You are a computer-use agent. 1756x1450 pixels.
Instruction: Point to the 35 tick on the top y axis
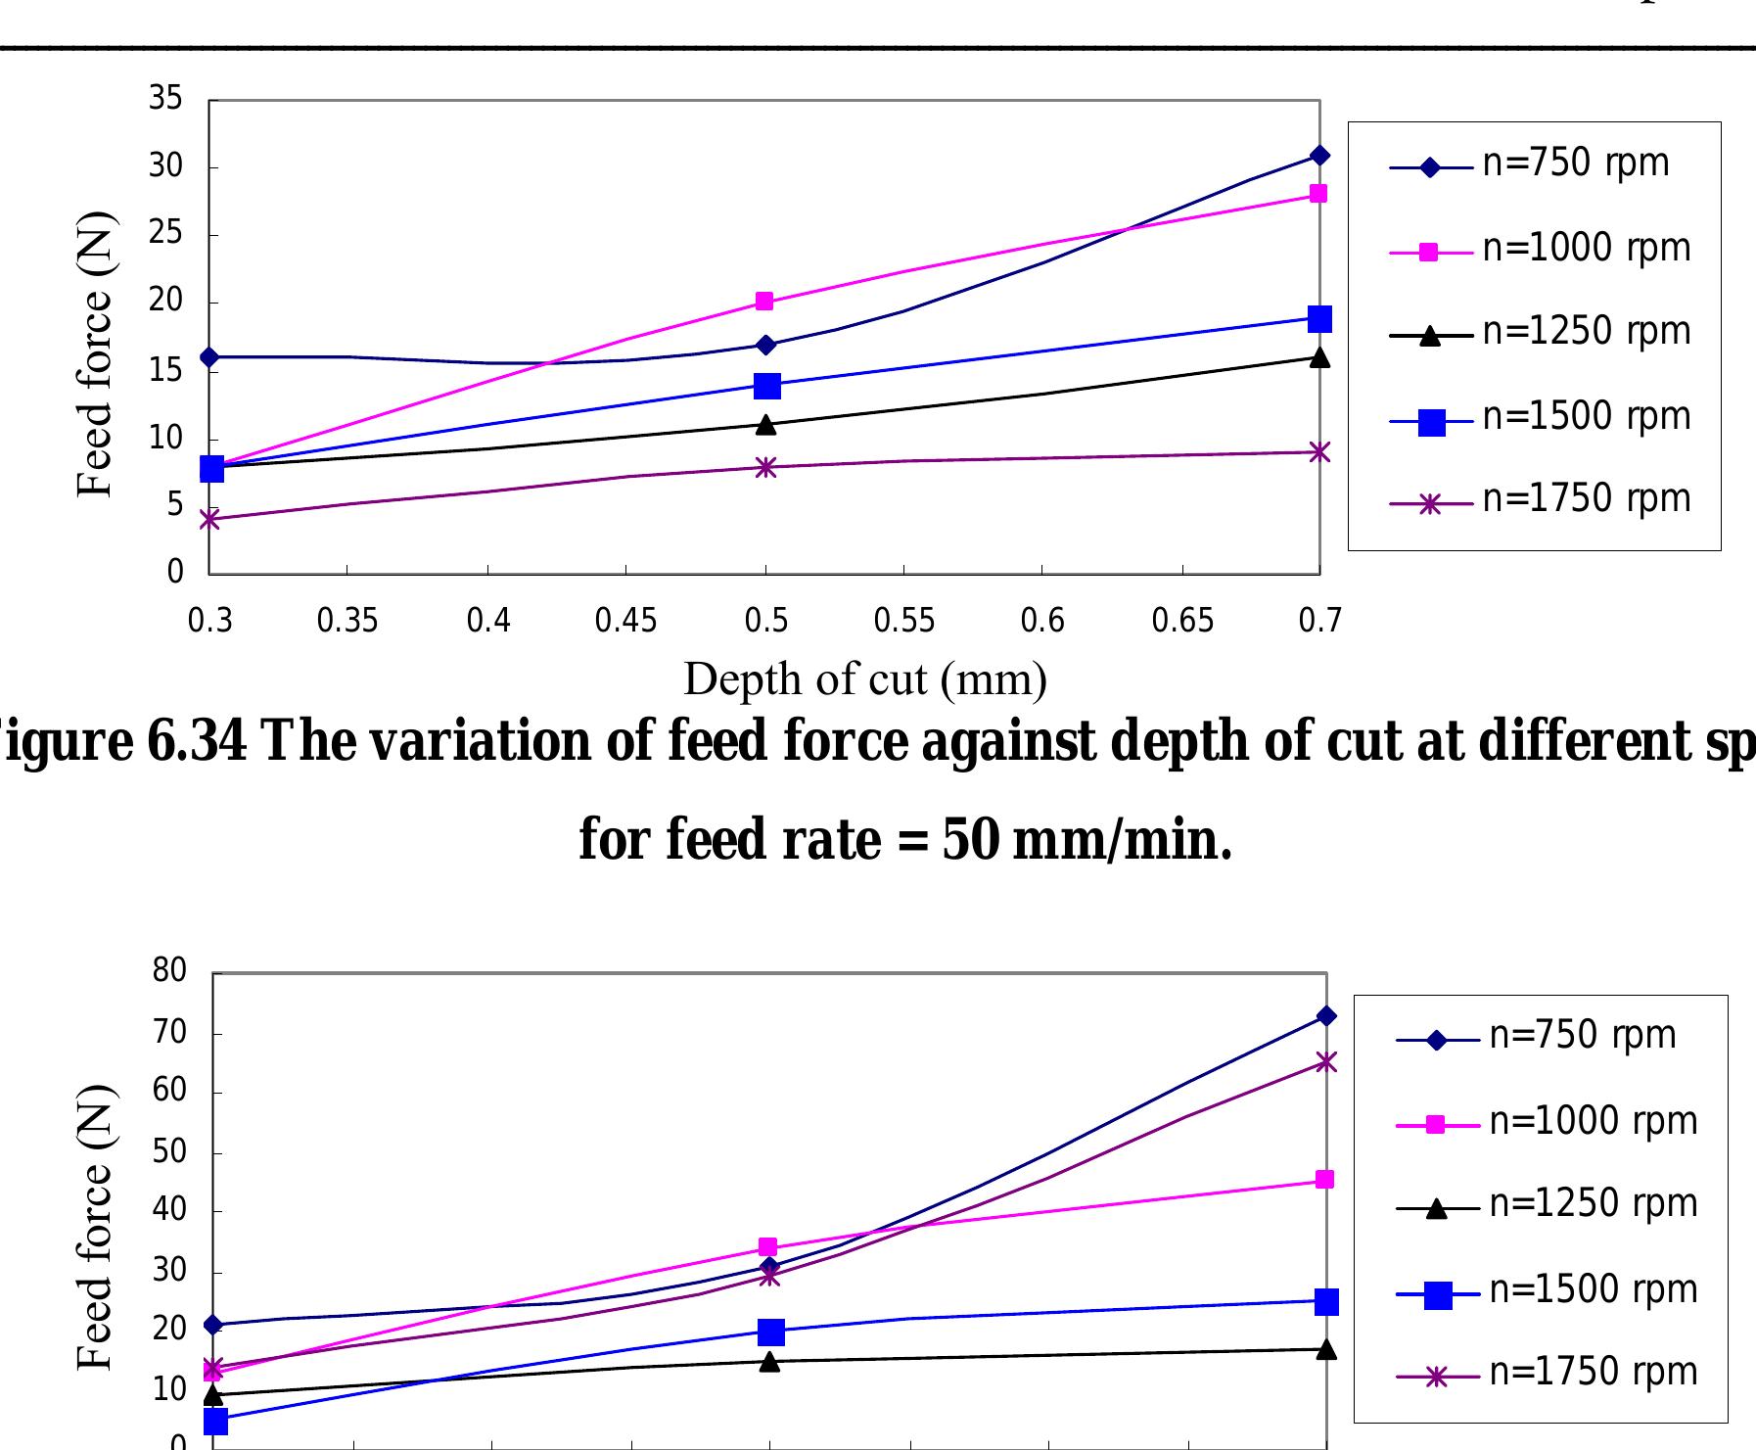click(166, 99)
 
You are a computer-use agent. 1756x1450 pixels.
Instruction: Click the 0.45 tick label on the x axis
click(626, 621)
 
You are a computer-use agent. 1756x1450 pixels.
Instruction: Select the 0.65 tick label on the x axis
click(1182, 621)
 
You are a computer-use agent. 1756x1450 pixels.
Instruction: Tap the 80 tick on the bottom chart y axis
click(169, 971)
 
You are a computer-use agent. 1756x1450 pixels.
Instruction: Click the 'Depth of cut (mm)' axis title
click(865, 679)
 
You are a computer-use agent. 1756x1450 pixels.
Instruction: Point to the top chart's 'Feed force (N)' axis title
click(95, 354)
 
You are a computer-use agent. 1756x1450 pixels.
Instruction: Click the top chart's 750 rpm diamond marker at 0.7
click(1319, 156)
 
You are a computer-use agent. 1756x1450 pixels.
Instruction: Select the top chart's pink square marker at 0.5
click(765, 302)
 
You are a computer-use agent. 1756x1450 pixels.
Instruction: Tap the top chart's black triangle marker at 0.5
click(766, 424)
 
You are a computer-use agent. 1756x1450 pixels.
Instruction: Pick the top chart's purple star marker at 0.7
click(1319, 452)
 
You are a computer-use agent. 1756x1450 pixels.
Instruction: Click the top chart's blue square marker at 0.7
click(1319, 319)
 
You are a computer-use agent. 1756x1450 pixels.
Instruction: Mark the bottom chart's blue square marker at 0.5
click(770, 1332)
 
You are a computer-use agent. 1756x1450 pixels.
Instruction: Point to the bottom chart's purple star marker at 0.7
click(1326, 1062)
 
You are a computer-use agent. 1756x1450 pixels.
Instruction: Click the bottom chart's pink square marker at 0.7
click(1324, 1180)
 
